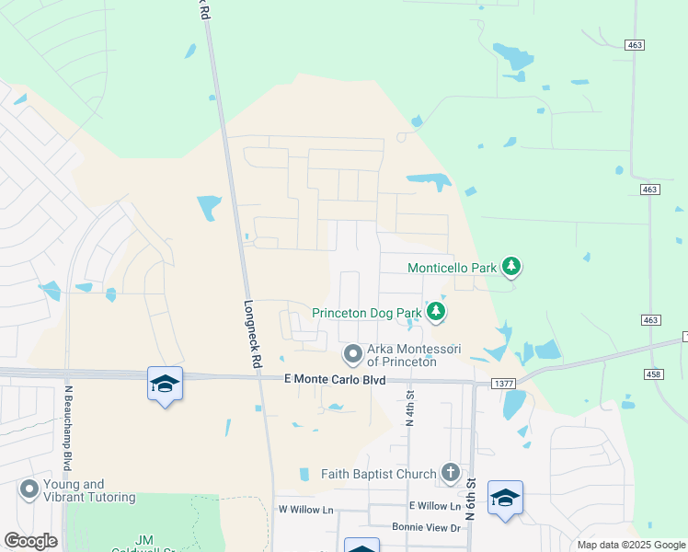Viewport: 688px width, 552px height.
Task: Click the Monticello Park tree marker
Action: pos(512,268)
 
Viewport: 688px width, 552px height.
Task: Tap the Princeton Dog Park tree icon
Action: pos(436,313)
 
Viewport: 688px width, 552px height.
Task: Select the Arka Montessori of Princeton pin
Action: pos(353,354)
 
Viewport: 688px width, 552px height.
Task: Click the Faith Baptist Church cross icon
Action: pos(450,474)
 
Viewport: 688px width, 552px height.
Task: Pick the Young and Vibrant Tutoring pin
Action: pos(29,490)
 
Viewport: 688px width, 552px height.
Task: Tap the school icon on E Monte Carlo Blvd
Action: pos(165,384)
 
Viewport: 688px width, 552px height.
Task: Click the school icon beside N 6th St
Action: pos(505,498)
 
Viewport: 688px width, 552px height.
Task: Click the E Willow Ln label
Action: pos(435,506)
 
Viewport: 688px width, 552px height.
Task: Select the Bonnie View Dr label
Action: pos(425,527)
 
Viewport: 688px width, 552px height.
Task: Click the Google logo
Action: pos(30,541)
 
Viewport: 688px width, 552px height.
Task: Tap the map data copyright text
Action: pos(630,545)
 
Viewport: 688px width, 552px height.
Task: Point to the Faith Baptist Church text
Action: pos(378,474)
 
